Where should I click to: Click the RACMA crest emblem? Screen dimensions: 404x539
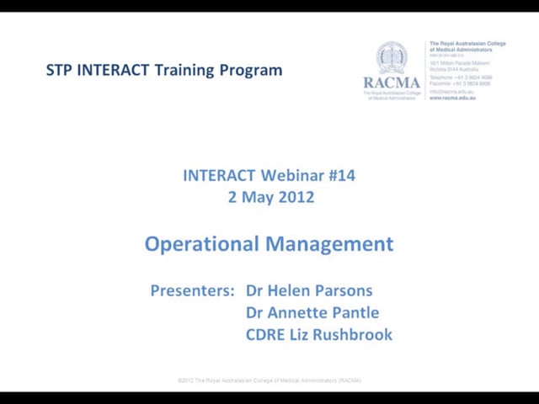click(x=391, y=58)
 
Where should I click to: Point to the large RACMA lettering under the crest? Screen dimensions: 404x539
click(x=391, y=82)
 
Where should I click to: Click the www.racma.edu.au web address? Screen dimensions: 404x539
click(x=452, y=98)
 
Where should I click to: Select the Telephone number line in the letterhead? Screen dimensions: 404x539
click(x=461, y=77)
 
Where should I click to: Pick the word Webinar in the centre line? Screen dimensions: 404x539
click(x=291, y=176)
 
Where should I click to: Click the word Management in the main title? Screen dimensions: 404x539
click(x=329, y=244)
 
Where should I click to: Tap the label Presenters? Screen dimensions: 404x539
click(x=192, y=290)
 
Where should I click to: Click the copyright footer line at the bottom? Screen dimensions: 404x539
click(x=269, y=380)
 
